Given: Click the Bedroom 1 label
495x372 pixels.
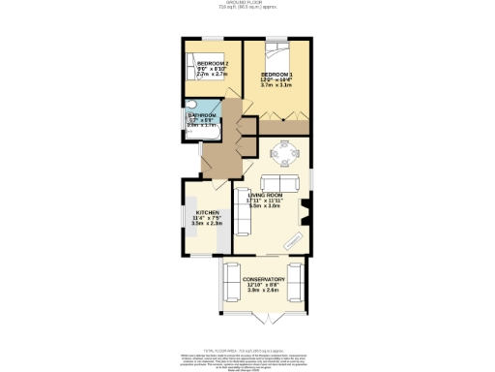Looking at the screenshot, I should click(276, 74).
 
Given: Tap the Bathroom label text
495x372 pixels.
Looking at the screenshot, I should click(203, 115).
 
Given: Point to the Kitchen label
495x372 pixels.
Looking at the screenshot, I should click(208, 212).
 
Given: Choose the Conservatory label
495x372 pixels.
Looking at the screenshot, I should click(263, 279).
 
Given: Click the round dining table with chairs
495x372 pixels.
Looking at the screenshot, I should click(283, 152).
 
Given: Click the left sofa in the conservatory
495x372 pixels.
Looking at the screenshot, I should click(233, 285).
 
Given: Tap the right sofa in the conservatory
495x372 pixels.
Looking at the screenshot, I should click(295, 285).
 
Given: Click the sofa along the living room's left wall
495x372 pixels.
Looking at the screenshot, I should click(243, 210).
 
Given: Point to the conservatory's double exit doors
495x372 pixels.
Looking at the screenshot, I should click(263, 317).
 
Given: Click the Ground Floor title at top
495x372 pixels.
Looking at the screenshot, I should click(247, 3).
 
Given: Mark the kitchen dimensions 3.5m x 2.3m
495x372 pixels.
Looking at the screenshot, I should click(208, 224).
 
